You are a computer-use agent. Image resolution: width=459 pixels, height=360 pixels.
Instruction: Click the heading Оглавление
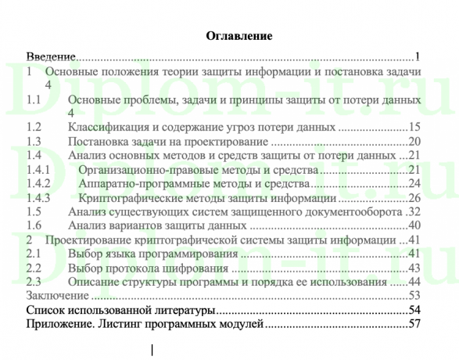tap(238, 36)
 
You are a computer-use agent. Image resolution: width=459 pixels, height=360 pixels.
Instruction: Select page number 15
tap(414, 128)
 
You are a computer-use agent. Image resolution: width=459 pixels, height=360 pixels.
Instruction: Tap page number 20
tap(414, 142)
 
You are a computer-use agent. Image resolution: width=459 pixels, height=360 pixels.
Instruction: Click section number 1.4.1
tap(38, 170)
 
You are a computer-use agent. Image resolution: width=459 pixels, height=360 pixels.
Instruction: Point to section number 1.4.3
tap(38, 198)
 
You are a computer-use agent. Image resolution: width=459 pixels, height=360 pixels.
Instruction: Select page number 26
tap(414, 198)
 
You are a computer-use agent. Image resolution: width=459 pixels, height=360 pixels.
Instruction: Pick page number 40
tap(414, 226)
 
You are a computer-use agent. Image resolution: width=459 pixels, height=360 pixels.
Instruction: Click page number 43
tap(414, 268)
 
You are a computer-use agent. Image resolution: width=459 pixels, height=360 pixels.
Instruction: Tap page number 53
tap(414, 297)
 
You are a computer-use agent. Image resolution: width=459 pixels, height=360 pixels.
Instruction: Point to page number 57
tap(414, 325)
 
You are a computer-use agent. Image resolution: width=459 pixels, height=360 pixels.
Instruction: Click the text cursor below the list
tap(151, 350)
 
